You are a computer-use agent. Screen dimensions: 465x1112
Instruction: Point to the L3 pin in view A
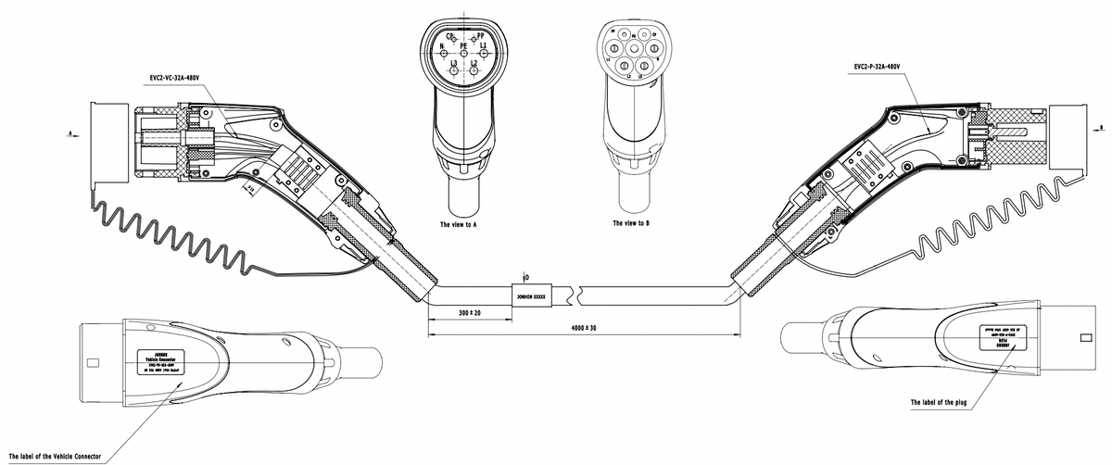(453, 70)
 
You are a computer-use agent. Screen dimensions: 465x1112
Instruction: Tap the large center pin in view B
(634, 48)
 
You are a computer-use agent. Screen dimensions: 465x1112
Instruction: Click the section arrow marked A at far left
(73, 134)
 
